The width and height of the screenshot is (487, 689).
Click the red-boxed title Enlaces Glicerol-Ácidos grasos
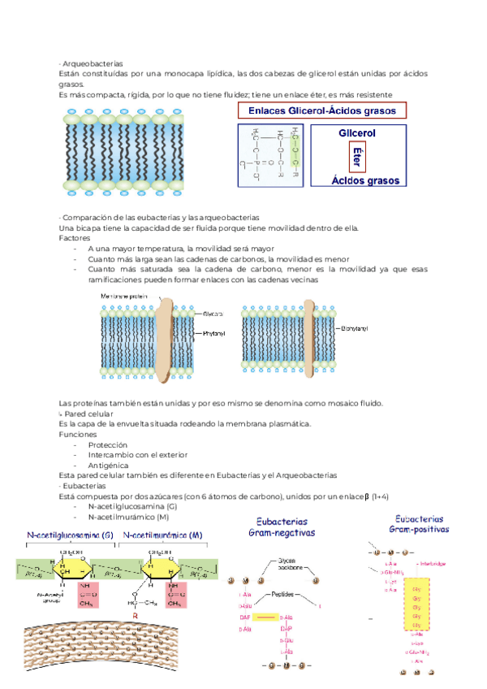[x=321, y=110]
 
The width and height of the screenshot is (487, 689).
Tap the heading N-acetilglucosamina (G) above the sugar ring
[x=71, y=535]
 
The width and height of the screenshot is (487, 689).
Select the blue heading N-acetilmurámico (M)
[x=162, y=535]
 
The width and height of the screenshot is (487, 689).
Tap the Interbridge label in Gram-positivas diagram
[x=430, y=563]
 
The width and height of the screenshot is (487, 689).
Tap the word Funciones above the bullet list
[x=78, y=435]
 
